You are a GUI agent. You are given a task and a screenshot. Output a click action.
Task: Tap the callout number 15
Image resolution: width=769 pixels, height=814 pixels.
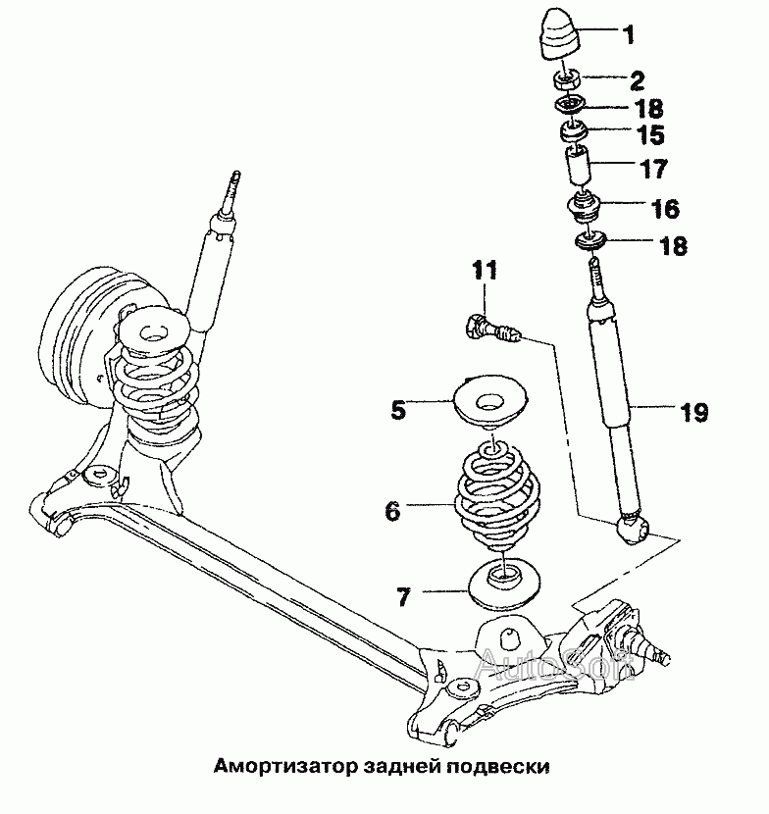(650, 134)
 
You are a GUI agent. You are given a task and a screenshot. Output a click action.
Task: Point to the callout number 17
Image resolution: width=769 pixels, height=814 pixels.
(653, 169)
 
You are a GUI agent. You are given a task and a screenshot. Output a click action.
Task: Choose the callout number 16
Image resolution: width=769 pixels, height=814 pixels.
(663, 209)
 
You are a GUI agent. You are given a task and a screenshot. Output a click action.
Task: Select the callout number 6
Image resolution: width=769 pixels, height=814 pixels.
(392, 510)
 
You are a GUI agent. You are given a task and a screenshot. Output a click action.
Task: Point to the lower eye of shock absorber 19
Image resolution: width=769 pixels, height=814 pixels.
(632, 531)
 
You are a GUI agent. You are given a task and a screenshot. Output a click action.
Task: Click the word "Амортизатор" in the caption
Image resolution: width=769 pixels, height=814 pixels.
(272, 766)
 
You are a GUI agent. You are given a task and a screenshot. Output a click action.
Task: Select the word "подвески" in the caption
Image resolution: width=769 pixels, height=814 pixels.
(499, 766)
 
